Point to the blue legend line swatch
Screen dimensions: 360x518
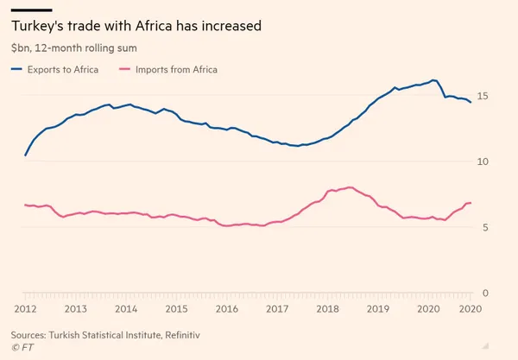[18, 69]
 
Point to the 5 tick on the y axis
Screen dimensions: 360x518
[483, 227]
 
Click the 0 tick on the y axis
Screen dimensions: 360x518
[483, 294]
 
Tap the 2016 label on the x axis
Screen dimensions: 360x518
[227, 309]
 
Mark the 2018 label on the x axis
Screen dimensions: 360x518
[327, 309]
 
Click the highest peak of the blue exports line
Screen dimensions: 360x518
[433, 80]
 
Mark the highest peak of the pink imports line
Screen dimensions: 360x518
[349, 186]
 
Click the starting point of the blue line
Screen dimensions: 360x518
[25, 155]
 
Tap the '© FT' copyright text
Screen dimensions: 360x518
[23, 346]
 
